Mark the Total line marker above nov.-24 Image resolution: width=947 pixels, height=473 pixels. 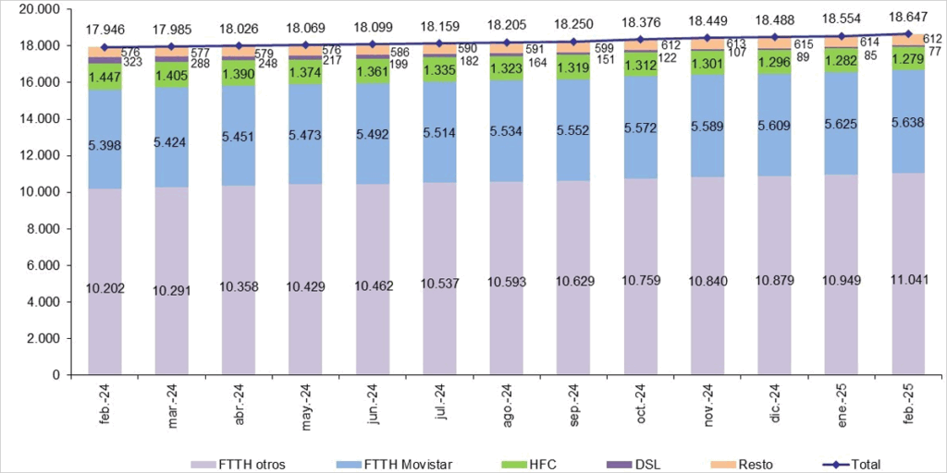(x=707, y=38)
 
